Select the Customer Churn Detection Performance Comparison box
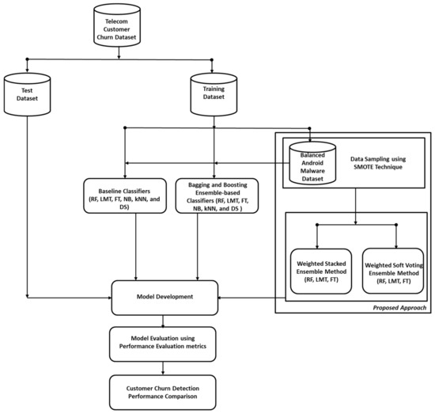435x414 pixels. tap(164, 389)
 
